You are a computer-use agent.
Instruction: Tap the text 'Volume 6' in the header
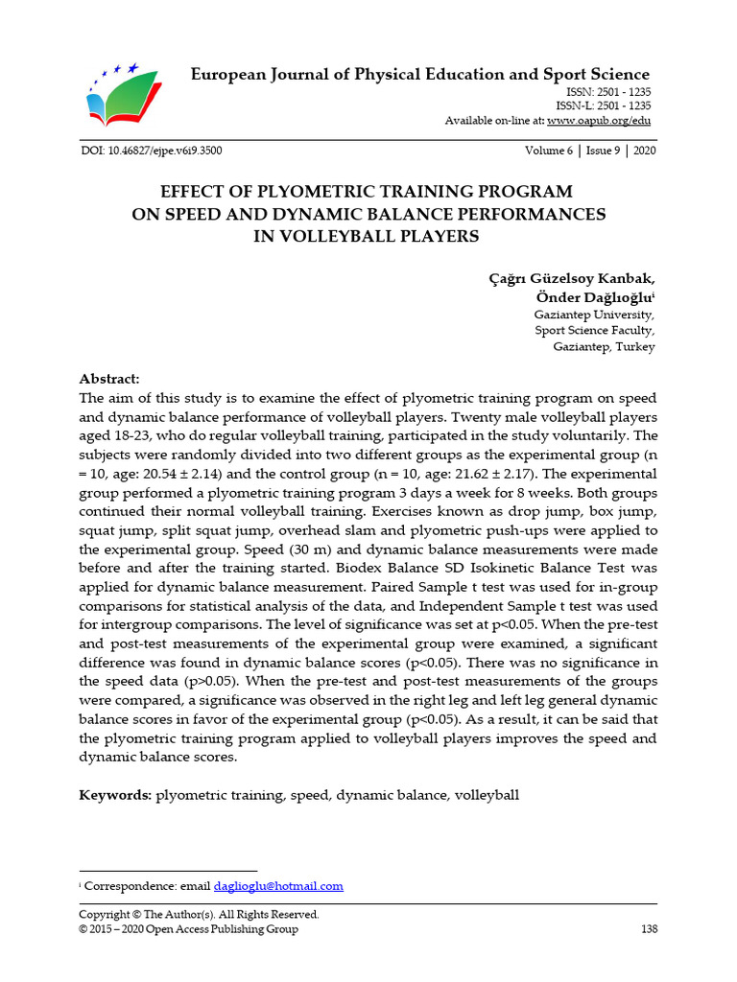click(x=549, y=151)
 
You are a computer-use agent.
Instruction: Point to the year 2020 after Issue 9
click(x=642, y=151)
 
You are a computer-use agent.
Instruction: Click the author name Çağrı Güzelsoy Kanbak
click(x=573, y=278)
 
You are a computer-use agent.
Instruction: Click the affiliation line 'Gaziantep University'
click(x=594, y=315)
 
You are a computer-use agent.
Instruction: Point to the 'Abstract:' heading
click(x=109, y=379)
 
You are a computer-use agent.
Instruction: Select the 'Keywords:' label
click(x=115, y=795)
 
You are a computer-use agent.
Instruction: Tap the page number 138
click(x=648, y=929)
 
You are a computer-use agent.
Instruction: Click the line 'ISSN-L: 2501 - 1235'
click(x=603, y=105)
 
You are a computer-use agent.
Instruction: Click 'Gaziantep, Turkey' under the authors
click(x=604, y=347)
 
